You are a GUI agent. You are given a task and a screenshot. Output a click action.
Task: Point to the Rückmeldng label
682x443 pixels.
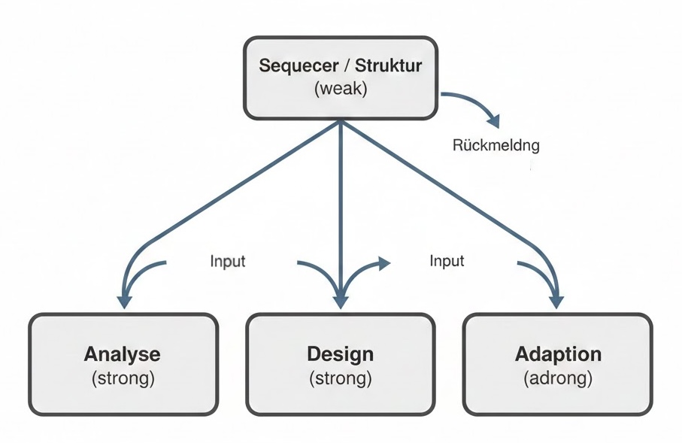(496, 145)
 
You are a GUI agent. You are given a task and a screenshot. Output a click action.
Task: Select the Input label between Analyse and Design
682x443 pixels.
(227, 262)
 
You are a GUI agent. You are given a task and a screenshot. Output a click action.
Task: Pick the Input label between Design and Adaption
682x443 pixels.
(447, 261)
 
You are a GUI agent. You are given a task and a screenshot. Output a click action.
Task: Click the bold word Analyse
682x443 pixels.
(123, 354)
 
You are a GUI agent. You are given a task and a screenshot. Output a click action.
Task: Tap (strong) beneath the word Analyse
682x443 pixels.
(123, 378)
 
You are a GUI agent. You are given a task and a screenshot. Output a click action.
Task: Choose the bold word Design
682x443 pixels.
(340, 354)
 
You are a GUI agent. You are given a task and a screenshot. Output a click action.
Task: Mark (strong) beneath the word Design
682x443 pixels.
(340, 378)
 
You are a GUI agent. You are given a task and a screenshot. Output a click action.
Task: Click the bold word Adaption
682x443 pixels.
(558, 354)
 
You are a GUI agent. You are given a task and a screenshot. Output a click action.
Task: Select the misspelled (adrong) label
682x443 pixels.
(558, 378)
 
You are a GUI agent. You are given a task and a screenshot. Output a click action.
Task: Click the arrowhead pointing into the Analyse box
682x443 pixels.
(124, 300)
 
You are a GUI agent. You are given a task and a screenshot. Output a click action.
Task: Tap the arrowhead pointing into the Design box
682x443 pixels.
(341, 300)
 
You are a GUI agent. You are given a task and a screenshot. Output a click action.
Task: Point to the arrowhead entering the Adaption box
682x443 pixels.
(556, 300)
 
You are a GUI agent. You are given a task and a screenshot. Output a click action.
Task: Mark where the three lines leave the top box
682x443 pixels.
(341, 122)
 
